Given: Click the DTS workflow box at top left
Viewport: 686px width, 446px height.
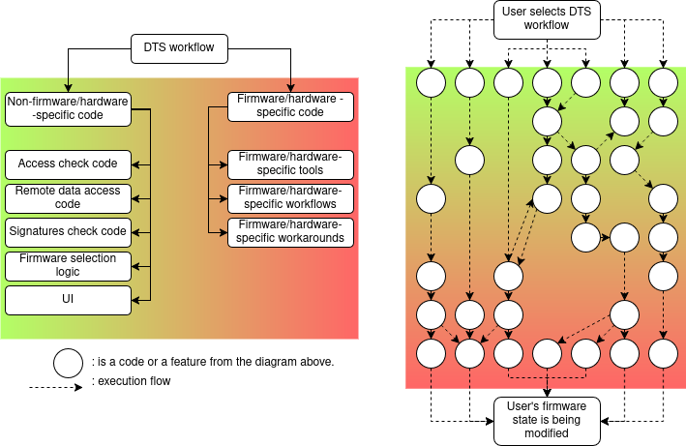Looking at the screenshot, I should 179,46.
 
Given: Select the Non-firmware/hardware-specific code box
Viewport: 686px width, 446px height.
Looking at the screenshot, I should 67,108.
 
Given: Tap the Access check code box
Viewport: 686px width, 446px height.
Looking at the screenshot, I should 67,164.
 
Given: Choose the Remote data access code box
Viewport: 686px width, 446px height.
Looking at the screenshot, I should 67,197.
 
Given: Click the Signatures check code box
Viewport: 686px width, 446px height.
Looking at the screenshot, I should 67,231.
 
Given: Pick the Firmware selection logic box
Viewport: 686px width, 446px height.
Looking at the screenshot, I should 67,265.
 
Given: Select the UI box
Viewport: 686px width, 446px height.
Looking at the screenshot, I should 67,300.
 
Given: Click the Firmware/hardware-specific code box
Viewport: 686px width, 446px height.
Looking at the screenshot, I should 291,105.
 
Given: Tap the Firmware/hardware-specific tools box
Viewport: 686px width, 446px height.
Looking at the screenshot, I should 291,164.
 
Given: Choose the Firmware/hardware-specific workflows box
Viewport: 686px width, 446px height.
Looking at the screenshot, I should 291,198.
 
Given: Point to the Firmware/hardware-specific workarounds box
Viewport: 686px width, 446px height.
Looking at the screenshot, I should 291,232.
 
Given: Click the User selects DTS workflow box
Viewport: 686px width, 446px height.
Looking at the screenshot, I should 547,19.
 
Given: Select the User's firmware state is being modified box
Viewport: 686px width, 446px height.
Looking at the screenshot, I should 547,421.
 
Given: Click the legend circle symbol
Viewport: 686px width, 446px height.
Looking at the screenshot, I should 69,363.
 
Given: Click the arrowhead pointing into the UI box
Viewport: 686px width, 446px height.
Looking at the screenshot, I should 134,300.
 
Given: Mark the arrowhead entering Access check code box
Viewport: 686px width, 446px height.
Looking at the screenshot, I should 134,164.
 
